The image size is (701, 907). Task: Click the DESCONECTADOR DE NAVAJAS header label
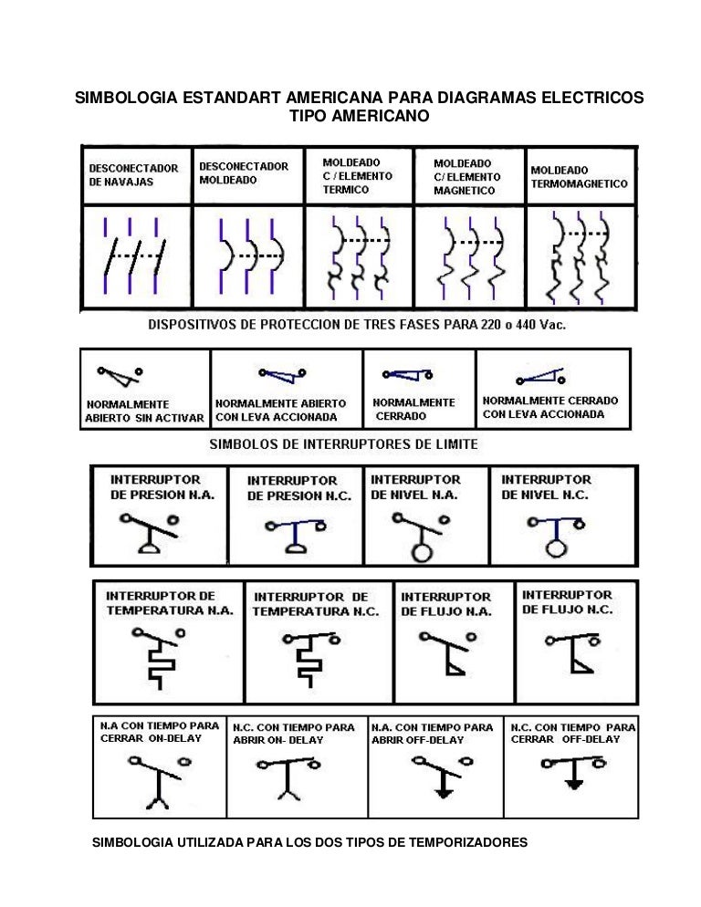133,174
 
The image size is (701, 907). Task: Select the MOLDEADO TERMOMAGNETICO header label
579,177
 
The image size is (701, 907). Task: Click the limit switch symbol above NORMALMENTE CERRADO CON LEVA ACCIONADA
540,377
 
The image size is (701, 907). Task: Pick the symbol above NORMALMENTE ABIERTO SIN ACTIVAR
120,375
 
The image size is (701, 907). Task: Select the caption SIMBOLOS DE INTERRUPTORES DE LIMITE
343,444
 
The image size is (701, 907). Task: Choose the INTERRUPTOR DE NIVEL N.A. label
415,487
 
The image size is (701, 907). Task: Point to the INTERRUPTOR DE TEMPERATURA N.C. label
316,604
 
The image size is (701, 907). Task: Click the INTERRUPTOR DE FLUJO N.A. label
445,604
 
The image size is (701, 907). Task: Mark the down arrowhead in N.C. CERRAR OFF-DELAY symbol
573,785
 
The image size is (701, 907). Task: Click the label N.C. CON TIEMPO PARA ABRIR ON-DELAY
294,734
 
